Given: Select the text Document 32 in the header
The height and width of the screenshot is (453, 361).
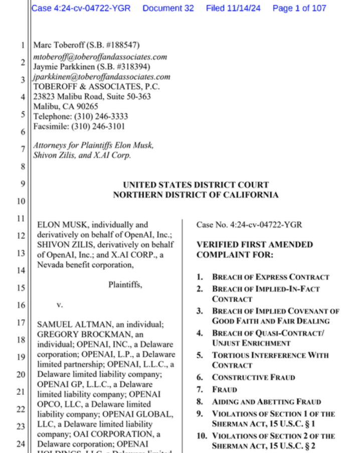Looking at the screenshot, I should click(x=168, y=8).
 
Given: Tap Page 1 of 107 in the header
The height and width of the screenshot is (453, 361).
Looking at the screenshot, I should click(x=299, y=8).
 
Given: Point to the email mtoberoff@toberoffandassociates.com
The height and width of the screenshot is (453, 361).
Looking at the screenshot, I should click(x=100, y=57).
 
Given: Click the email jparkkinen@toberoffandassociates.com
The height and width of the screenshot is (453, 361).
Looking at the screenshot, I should click(x=101, y=77).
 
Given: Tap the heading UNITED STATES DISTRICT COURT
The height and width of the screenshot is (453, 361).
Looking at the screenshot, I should click(x=196, y=185).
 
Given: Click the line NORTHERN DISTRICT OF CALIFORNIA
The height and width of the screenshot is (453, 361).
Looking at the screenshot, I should click(x=196, y=195).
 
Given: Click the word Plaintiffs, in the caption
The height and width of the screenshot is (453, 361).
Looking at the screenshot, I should click(x=125, y=285).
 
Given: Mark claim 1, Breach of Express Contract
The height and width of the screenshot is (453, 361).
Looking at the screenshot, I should click(x=270, y=277).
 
